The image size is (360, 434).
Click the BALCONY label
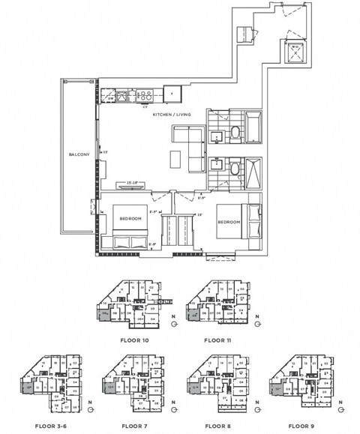[x=78, y=154]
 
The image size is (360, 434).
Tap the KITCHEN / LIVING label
[x=172, y=115]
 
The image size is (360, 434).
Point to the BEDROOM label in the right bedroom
[x=229, y=222]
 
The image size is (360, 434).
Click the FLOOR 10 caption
[x=134, y=340]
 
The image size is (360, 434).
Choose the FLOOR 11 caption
[x=218, y=340]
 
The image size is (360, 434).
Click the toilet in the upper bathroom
[x=233, y=133]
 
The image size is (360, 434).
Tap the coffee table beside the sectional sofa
[x=175, y=159]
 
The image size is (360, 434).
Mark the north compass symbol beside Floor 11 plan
[x=257, y=319]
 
